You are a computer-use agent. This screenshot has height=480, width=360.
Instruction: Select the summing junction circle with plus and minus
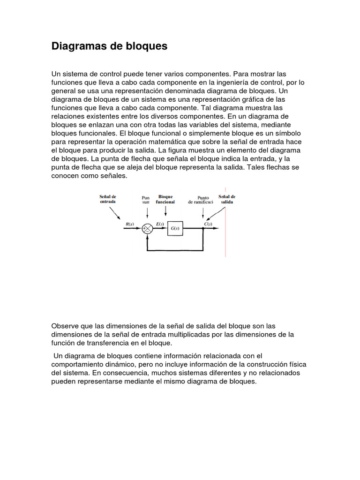(x=148, y=228)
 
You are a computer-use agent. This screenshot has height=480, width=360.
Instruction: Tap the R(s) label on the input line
(x=130, y=224)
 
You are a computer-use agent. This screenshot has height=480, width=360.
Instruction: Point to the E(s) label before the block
(x=160, y=224)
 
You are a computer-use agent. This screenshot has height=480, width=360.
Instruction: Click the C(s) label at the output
(x=207, y=224)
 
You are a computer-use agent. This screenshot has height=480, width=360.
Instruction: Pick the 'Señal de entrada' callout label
(x=108, y=199)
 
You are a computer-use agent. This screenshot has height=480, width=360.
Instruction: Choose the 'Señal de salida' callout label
(x=227, y=199)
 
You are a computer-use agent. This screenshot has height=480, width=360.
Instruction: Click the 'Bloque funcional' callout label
(x=165, y=199)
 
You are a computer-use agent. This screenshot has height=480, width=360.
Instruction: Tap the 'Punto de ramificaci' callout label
(x=200, y=200)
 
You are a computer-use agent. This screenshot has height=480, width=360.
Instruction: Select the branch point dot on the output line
(x=203, y=228)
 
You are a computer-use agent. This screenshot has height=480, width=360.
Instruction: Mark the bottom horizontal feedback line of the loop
(x=175, y=249)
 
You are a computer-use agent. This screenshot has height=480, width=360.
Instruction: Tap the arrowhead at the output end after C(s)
(x=218, y=228)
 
